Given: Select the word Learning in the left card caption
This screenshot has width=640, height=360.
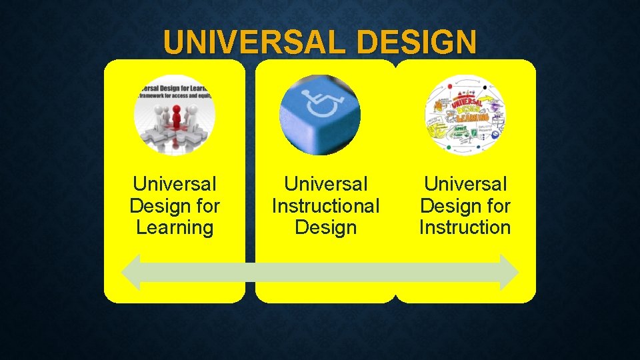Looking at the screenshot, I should pyautogui.click(x=175, y=227).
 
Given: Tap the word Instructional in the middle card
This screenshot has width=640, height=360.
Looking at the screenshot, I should pyautogui.click(x=325, y=205).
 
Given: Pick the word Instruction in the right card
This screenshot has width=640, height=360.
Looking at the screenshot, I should pyautogui.click(x=465, y=227).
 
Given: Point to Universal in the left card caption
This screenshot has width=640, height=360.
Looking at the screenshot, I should pyautogui.click(x=175, y=183).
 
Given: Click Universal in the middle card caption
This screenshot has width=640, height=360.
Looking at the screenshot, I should pyautogui.click(x=325, y=183).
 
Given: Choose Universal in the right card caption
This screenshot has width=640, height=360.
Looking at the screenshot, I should pyautogui.click(x=465, y=183).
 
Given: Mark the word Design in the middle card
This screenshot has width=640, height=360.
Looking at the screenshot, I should pyautogui.click(x=325, y=227).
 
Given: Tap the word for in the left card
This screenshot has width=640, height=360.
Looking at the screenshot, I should pyautogui.click(x=206, y=205).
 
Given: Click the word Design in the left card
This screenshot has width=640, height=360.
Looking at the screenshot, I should pyautogui.click(x=159, y=205).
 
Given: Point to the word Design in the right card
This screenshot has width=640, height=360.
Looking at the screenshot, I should pyautogui.click(x=449, y=205).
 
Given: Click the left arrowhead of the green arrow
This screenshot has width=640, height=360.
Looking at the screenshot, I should pyautogui.click(x=131, y=272).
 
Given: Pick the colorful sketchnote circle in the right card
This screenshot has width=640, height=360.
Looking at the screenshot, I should pyautogui.click(x=465, y=115).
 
